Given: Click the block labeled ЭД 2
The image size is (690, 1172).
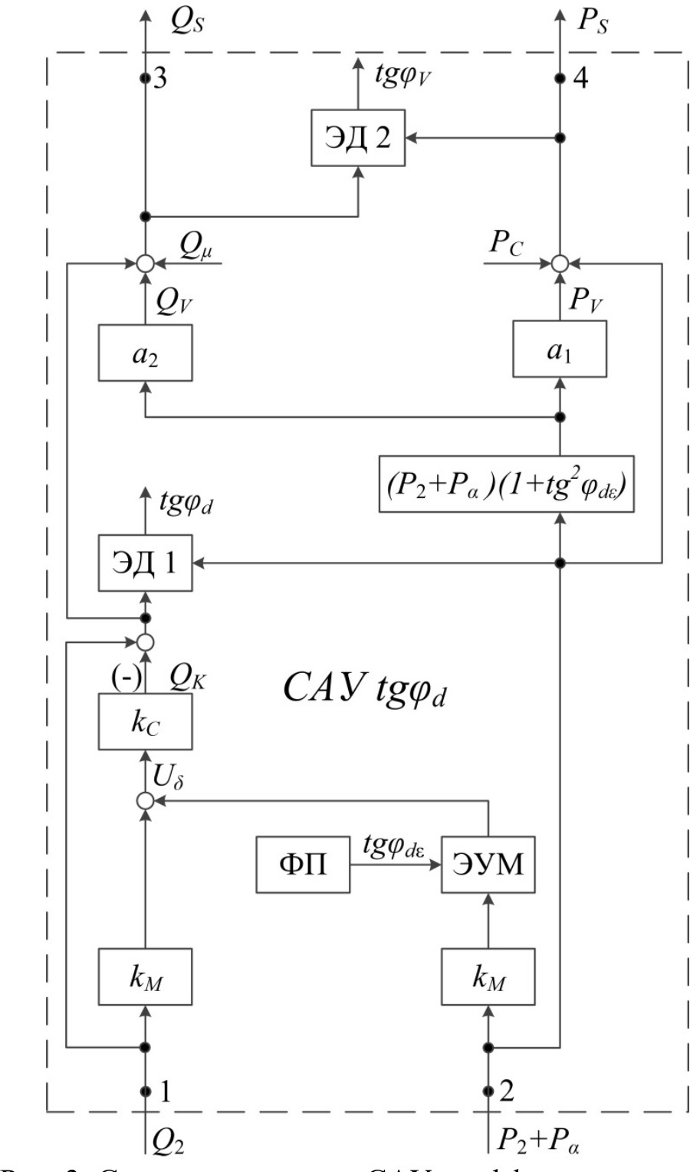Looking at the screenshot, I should coord(358,138).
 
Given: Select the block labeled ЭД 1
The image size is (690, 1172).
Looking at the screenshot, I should coord(146,563).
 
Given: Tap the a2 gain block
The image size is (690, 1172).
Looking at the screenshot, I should coord(146,353).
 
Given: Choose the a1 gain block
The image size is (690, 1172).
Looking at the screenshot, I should coord(560,349).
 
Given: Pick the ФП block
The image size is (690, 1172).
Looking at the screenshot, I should coord(303,865).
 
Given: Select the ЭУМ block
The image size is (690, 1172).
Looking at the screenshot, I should coord(488,865).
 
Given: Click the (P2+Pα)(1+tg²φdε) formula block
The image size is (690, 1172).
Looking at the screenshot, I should coord(507,484).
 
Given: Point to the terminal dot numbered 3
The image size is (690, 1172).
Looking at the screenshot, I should coord(144,77).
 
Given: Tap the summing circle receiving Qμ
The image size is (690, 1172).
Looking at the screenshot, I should coord(145,264).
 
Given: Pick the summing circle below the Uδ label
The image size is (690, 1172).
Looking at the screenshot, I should coord(145,801).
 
